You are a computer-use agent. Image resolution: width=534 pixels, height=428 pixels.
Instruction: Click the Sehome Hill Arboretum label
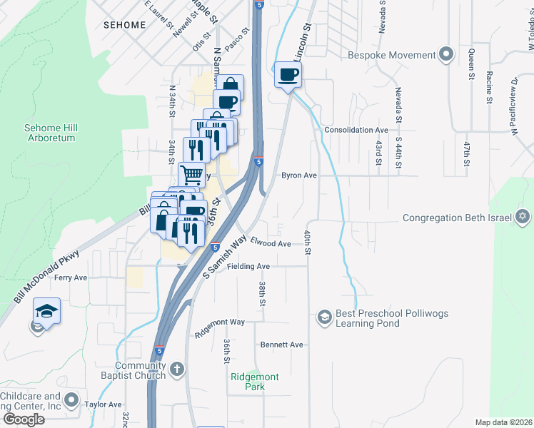point(50,133)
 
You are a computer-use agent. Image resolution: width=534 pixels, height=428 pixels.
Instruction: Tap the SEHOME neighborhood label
point(124,25)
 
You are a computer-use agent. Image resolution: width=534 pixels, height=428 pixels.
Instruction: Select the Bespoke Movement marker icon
point(447,55)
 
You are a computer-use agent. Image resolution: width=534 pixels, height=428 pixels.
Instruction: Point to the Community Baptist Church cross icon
point(177,370)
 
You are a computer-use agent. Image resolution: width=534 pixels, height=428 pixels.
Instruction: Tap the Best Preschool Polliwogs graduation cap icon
point(324,316)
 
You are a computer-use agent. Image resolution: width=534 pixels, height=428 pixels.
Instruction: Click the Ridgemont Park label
point(255,382)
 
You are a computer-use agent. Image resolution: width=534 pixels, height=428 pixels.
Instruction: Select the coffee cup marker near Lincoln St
point(288,75)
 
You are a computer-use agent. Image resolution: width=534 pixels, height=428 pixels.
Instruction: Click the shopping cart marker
point(191,174)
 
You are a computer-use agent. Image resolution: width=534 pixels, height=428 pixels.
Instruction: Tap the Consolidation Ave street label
point(356,131)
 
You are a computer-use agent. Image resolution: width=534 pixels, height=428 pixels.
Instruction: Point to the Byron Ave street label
point(298,175)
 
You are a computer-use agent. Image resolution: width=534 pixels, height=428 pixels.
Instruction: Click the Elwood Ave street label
point(271,244)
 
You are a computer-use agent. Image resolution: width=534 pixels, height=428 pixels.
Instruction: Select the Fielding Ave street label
point(248,267)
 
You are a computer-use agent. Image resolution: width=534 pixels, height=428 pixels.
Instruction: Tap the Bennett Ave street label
point(281,345)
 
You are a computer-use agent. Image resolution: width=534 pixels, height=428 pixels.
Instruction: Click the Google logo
point(24,419)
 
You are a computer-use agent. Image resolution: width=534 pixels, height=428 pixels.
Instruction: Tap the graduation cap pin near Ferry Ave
point(46,312)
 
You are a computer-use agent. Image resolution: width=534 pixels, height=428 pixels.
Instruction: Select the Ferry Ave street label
point(71,277)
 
